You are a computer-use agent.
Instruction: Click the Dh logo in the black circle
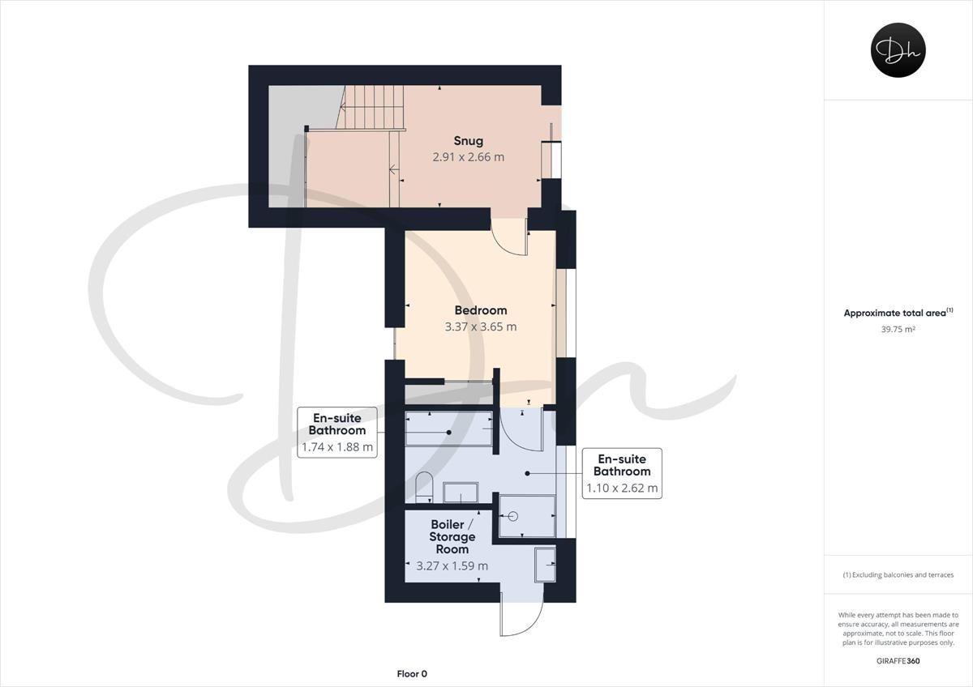(898, 50)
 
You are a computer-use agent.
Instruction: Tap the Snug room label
(468, 141)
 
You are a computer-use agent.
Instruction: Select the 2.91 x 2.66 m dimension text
(468, 156)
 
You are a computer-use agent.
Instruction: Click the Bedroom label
(480, 310)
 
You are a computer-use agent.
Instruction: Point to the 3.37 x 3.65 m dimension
(480, 327)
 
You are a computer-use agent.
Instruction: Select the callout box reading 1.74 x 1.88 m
(337, 432)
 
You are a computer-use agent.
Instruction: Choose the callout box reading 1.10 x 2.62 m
(622, 472)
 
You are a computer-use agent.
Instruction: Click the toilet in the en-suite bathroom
(425, 489)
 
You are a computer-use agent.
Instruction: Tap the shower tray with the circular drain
(527, 516)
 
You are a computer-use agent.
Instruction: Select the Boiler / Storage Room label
(452, 536)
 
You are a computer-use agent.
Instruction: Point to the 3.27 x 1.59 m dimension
(452, 565)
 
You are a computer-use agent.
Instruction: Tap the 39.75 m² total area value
(898, 329)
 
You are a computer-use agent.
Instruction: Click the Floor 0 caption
(412, 673)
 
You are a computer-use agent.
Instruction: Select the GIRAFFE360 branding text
(898, 660)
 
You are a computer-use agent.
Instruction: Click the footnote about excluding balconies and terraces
(898, 574)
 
